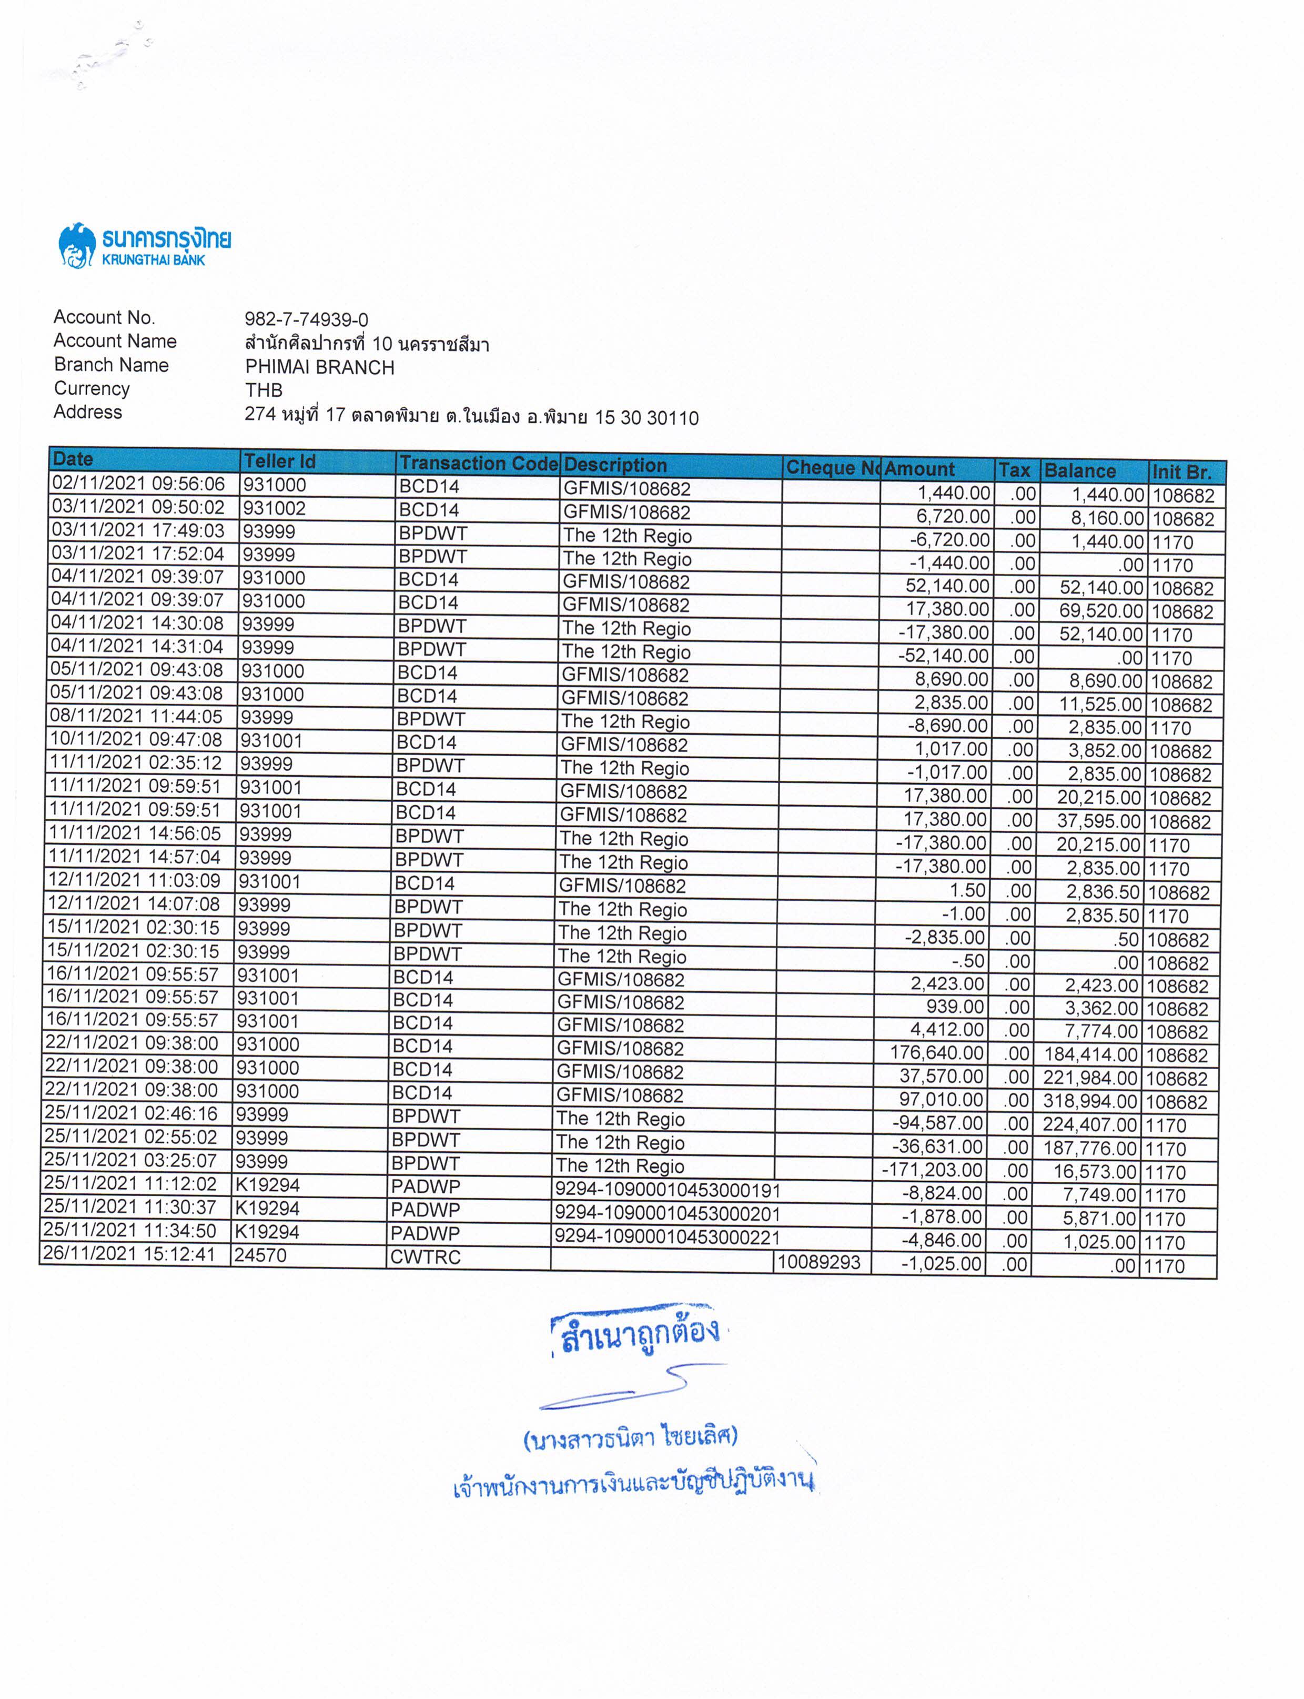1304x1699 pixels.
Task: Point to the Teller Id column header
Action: point(279,461)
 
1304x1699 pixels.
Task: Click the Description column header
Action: point(615,465)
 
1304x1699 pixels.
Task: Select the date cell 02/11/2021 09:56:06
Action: point(138,483)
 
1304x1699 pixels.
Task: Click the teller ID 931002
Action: point(274,509)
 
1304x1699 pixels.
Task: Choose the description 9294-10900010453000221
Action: point(667,1237)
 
